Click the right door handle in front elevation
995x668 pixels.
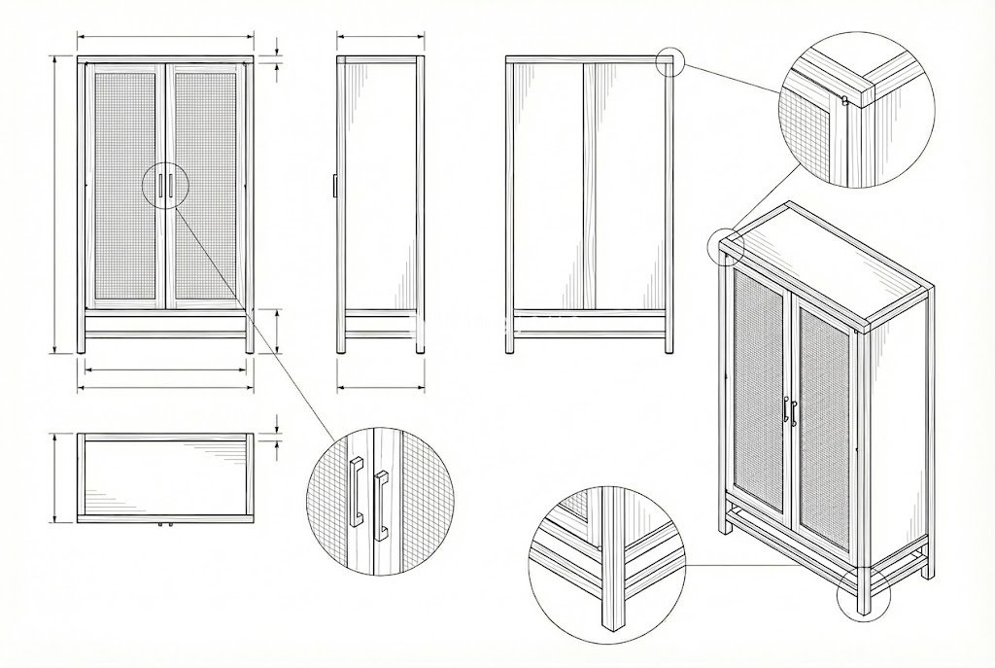[171, 186]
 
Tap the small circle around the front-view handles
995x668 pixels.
[164, 186]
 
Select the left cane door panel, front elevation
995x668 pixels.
[124, 185]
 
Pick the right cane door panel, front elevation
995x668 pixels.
[207, 185]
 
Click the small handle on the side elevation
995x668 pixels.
[333, 186]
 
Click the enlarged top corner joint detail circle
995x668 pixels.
[856, 108]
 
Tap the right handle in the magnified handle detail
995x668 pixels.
[380, 502]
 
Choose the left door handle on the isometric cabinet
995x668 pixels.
[784, 411]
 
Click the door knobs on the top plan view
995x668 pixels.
[164, 525]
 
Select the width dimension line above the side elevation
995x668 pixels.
[381, 38]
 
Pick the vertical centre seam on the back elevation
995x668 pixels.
[583, 185]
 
